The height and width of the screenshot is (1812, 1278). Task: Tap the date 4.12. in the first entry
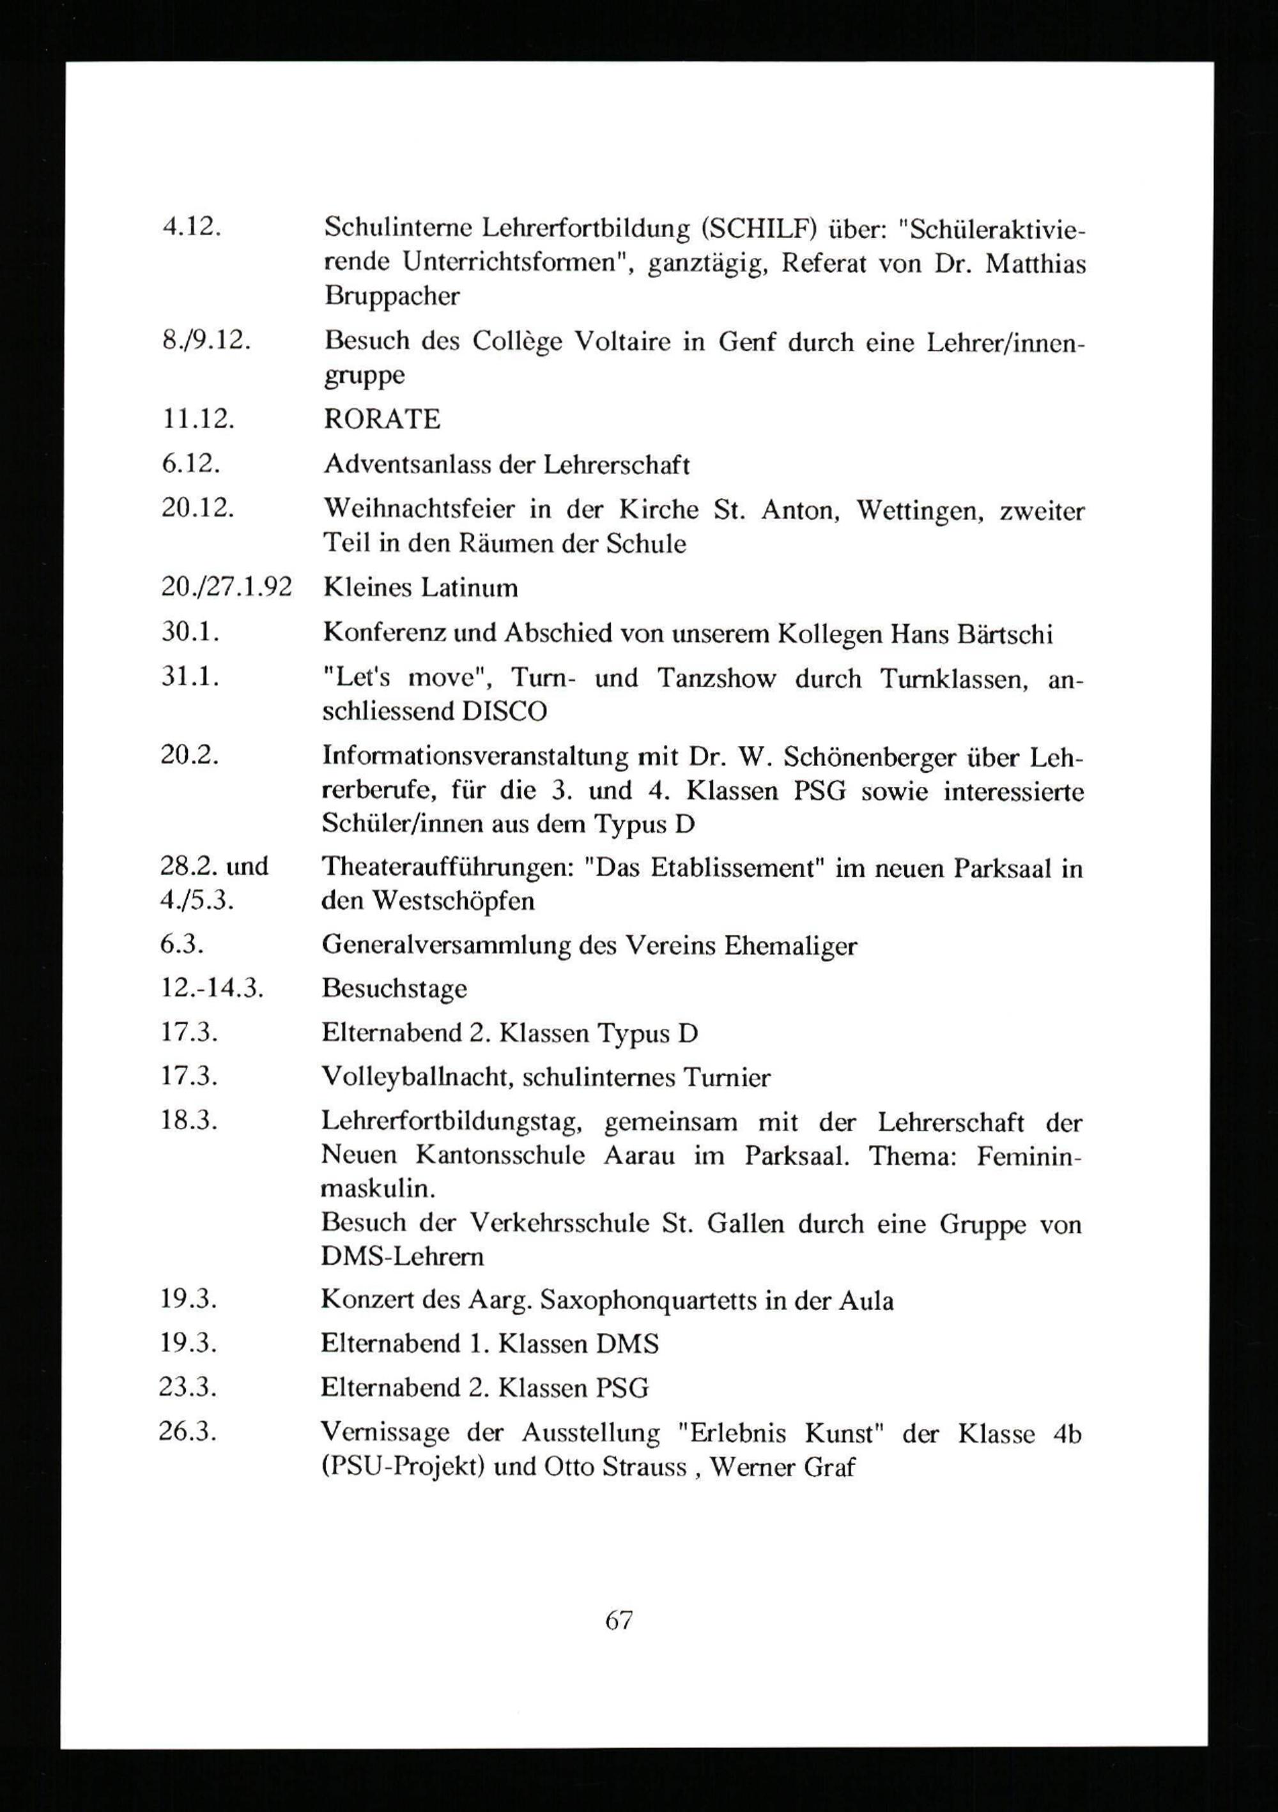tap(190, 227)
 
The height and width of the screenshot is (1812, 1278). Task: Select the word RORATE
tap(382, 419)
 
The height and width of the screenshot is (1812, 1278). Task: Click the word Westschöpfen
tap(453, 901)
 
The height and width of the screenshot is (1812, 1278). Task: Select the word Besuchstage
tap(394, 989)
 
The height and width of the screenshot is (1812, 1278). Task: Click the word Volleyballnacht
tap(417, 1077)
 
